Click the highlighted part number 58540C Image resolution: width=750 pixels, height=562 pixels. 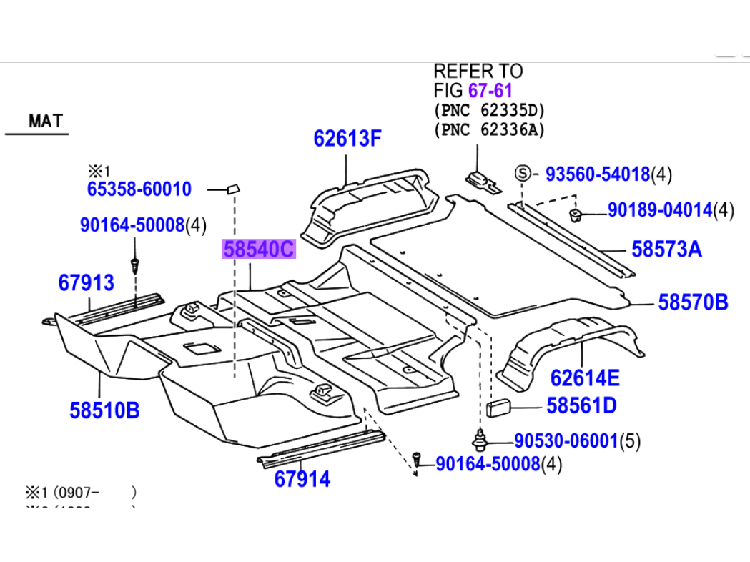click(x=259, y=250)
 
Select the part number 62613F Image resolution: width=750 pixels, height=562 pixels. click(x=347, y=139)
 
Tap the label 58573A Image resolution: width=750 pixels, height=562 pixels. click(x=666, y=250)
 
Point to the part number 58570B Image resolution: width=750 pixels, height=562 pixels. click(x=693, y=302)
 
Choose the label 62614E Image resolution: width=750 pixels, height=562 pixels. click(x=585, y=378)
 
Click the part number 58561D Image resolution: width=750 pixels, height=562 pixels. click(x=581, y=406)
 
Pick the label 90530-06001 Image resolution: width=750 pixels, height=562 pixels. click(x=565, y=441)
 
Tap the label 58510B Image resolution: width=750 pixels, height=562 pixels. click(x=104, y=410)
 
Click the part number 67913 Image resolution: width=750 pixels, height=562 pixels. click(x=86, y=282)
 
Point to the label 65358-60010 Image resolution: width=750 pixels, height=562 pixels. click(x=139, y=189)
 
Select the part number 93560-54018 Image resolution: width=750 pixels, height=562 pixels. click(x=598, y=174)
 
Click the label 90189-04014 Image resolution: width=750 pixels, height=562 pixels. click(x=660, y=210)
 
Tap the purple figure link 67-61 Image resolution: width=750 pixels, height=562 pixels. click(x=490, y=91)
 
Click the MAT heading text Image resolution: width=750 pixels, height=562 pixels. click(x=46, y=121)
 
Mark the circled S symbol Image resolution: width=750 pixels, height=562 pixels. click(x=523, y=173)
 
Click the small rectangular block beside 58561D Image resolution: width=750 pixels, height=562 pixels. click(x=499, y=408)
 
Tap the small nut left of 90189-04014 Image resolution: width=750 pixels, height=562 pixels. click(x=575, y=213)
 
